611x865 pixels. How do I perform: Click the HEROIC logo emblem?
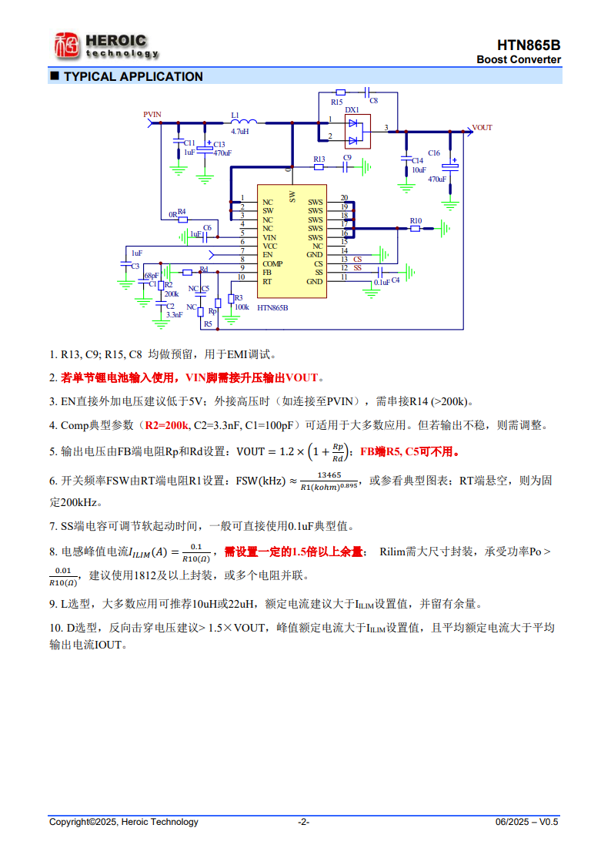[x=66, y=45]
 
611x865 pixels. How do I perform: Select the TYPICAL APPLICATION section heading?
[x=132, y=76]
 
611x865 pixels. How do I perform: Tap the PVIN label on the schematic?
[x=152, y=115]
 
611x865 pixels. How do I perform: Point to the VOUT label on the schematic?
[x=482, y=128]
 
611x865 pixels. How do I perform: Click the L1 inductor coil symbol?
[x=244, y=122]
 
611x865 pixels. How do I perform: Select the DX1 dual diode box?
[x=353, y=132]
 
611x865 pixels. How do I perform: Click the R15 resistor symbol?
[x=338, y=93]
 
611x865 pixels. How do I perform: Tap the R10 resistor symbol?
[x=416, y=229]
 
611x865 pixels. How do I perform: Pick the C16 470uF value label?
[x=436, y=179]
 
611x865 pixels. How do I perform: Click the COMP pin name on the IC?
[x=272, y=263]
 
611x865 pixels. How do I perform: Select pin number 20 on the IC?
[x=344, y=198]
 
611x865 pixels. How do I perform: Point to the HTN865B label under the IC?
[x=272, y=307]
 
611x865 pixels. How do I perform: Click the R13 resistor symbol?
[x=319, y=166]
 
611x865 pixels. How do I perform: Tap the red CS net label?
[x=358, y=260]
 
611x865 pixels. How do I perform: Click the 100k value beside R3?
[x=242, y=307]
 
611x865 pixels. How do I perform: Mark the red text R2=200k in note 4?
[x=167, y=424]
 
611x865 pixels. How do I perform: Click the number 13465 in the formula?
[x=329, y=475]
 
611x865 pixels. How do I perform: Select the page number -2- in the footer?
[x=304, y=822]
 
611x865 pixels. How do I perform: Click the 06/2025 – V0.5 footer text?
[x=526, y=822]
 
